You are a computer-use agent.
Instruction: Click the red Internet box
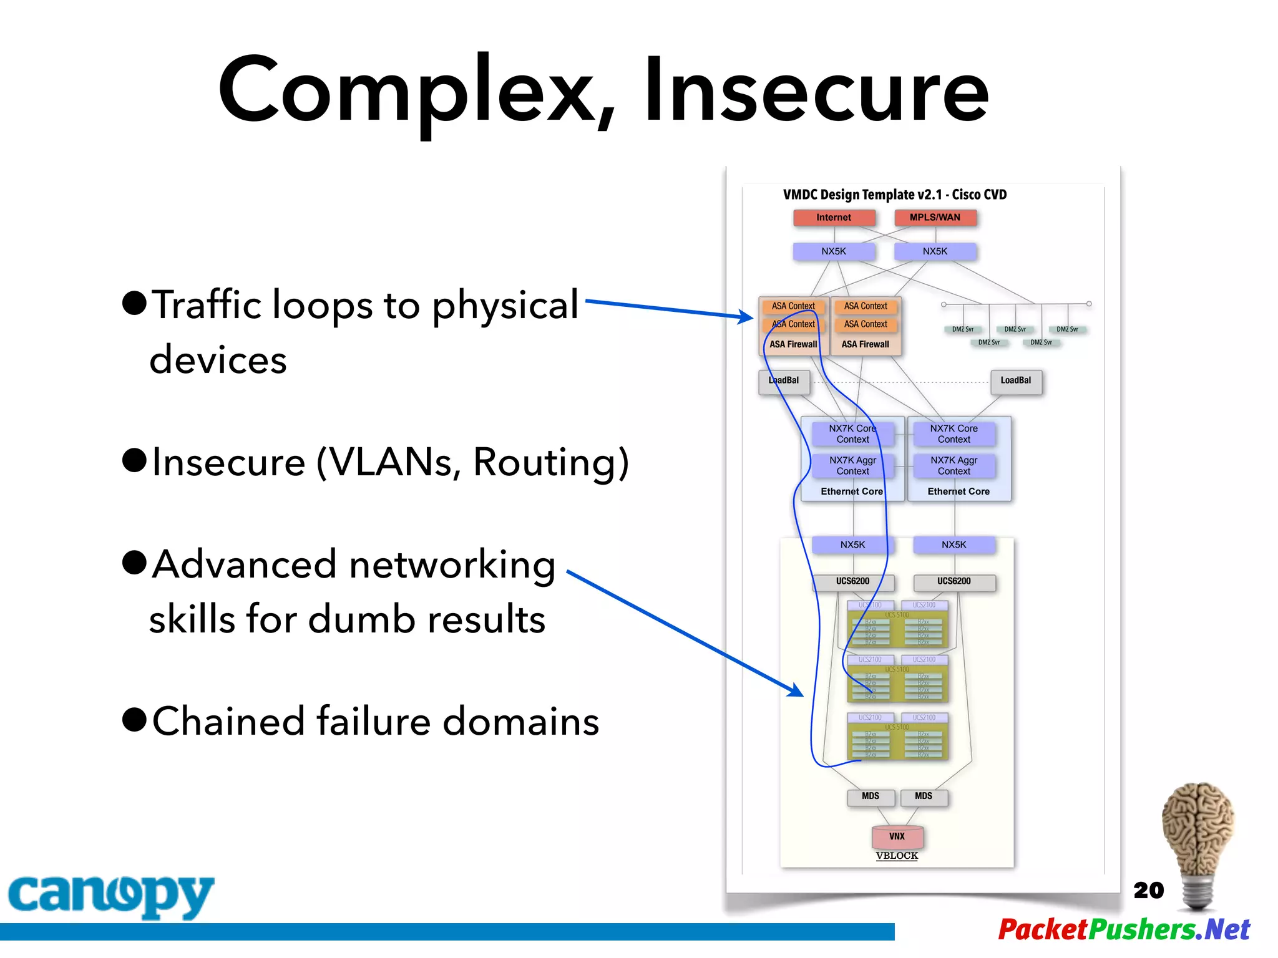[x=834, y=218]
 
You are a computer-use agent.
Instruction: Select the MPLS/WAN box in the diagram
[x=934, y=218]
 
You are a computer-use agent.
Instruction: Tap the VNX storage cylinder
[x=897, y=836]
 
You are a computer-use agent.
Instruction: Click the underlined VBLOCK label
[x=897, y=856]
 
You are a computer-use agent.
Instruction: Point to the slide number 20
[x=1148, y=890]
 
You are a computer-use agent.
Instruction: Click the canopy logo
[x=110, y=896]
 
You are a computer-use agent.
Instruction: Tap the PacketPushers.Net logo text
[x=1124, y=929]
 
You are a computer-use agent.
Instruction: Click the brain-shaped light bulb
[x=1198, y=842]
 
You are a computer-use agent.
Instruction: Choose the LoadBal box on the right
[x=1016, y=381]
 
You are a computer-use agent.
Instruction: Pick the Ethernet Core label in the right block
[x=958, y=491]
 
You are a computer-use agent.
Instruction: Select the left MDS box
[x=871, y=796]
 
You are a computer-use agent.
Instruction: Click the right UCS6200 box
[x=954, y=581]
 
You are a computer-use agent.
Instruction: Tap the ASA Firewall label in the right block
[x=865, y=344]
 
